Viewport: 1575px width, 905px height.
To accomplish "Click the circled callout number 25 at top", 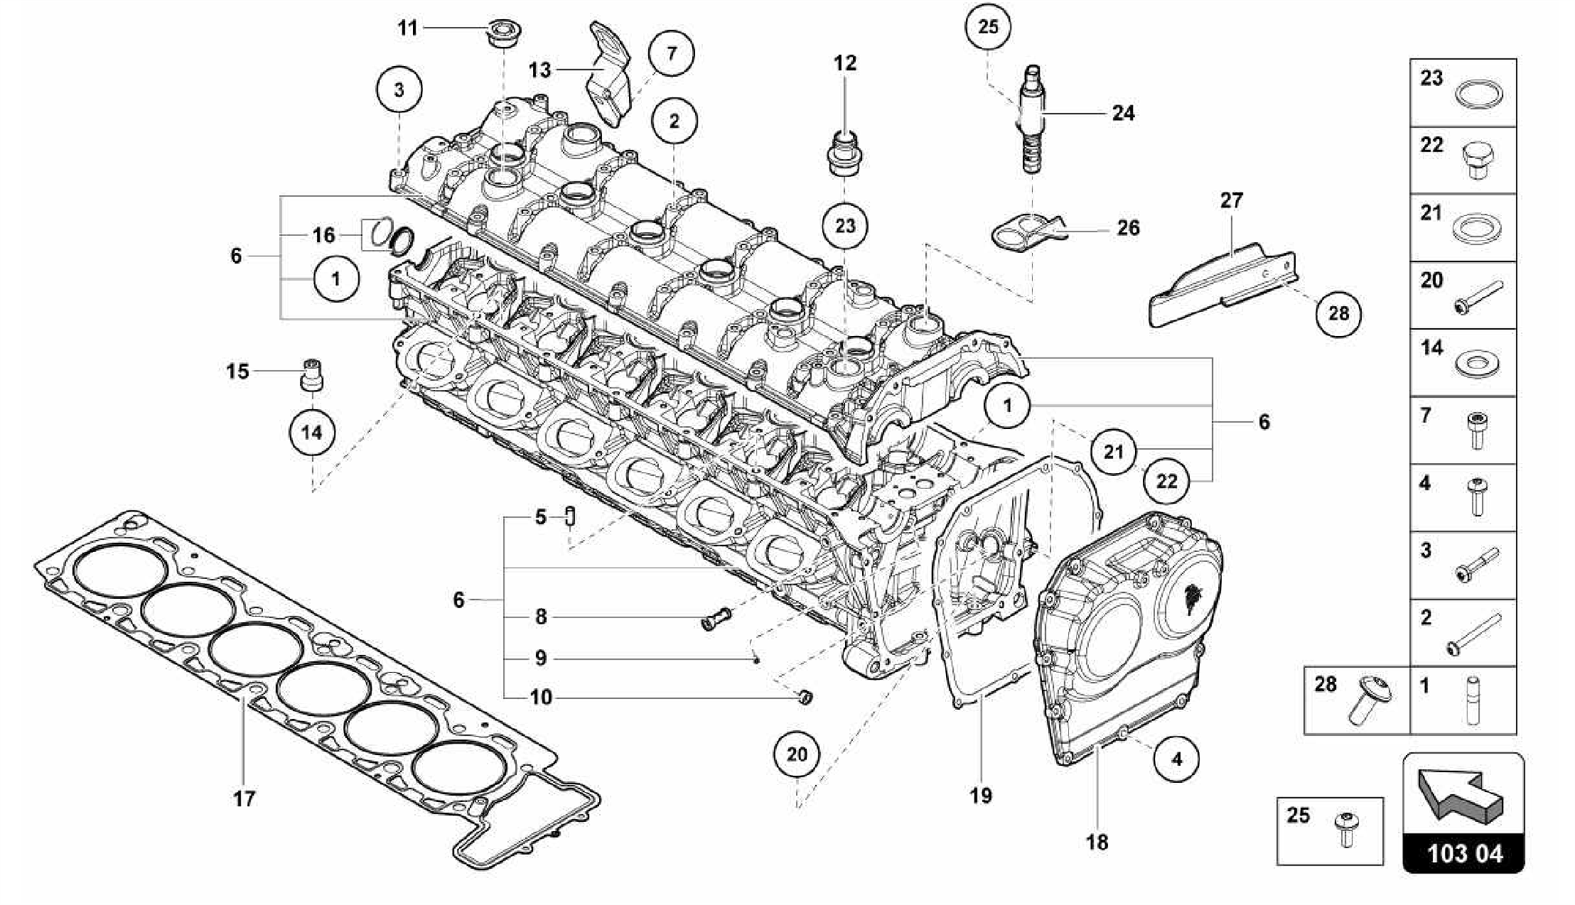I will (987, 28).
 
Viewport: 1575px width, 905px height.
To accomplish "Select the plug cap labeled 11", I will (501, 34).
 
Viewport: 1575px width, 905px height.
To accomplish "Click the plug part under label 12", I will (844, 153).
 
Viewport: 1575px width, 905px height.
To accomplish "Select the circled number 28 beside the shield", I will (1338, 314).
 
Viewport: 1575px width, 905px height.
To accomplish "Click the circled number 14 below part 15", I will (311, 432).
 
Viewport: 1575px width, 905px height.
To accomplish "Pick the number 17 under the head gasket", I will (244, 799).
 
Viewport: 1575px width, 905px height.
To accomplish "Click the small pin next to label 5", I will (571, 516).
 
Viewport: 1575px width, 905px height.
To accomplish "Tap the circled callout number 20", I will (797, 754).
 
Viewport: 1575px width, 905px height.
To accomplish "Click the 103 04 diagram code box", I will (1464, 853).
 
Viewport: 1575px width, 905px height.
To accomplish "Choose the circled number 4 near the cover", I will (1177, 760).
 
